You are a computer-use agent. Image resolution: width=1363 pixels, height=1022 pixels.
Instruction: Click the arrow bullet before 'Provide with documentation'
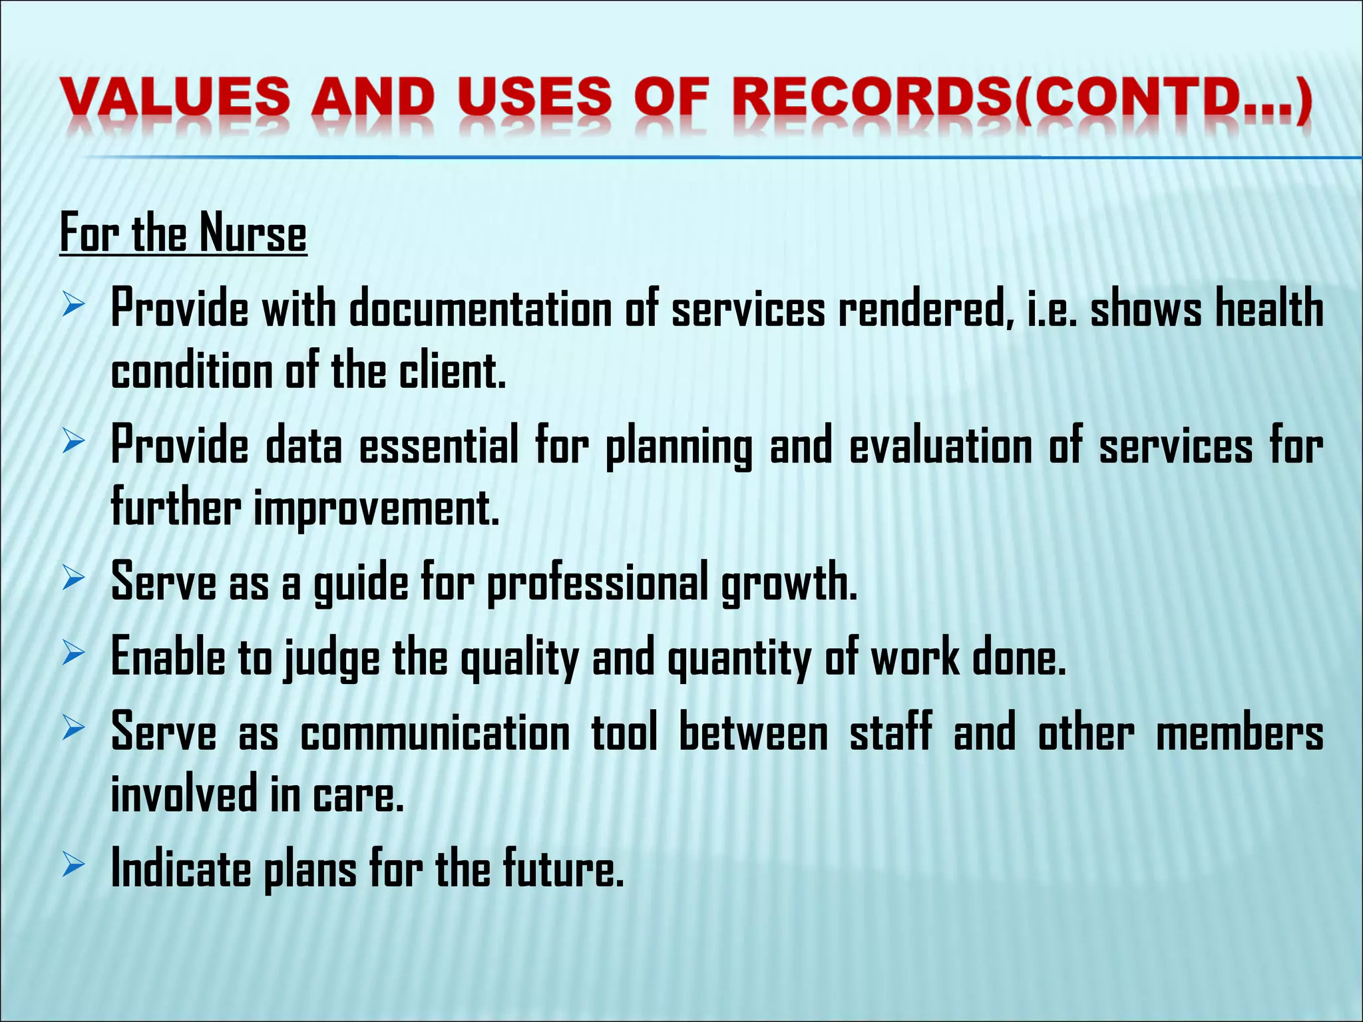73,307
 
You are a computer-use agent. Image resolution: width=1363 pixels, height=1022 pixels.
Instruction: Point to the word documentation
481,309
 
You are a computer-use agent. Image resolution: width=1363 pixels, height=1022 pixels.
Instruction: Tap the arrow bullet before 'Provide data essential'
73,442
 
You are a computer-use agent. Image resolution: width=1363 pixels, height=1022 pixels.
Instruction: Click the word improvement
376,508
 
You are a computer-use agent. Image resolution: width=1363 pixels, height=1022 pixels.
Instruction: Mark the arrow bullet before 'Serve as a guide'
73,579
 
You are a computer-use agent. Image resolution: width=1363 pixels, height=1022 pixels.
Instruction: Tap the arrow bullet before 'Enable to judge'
73,654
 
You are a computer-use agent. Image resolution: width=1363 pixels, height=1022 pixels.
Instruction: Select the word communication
435,733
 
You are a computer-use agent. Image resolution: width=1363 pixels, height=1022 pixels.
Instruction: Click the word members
1239,733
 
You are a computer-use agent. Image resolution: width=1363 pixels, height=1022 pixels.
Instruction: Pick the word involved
184,794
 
